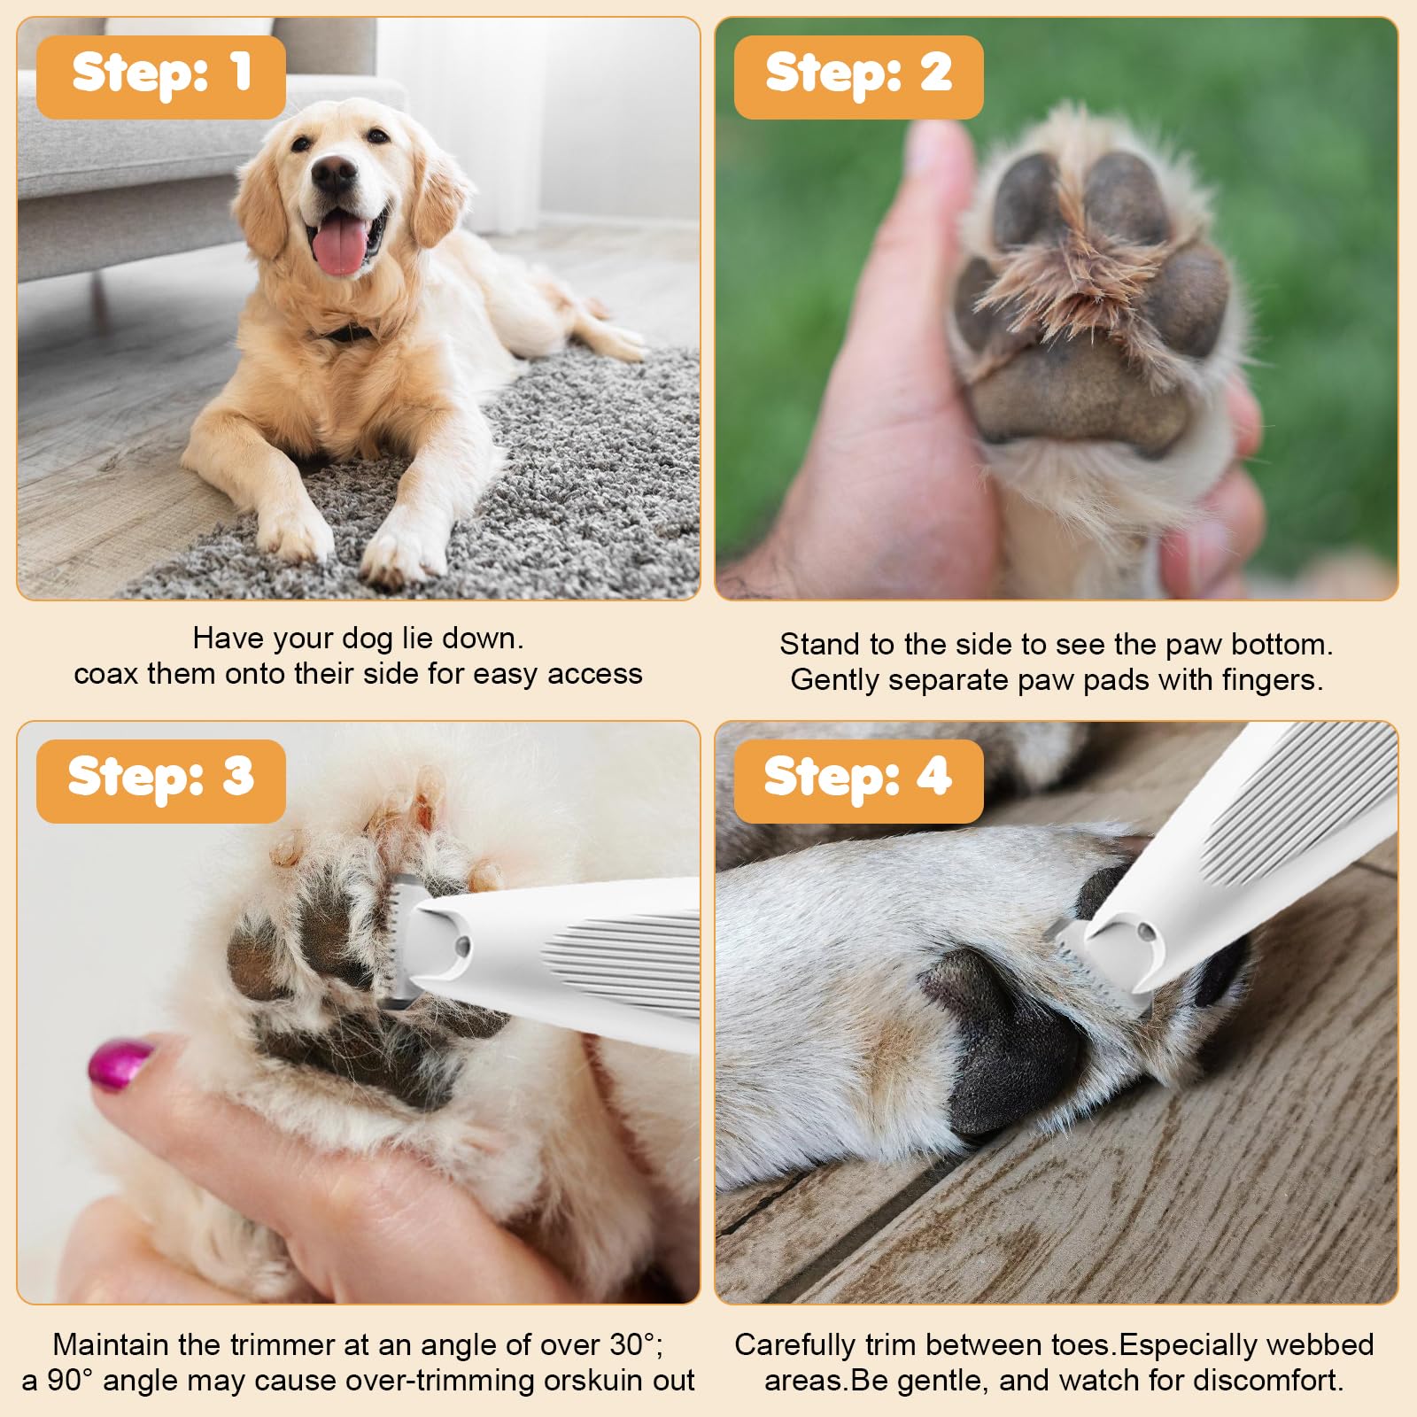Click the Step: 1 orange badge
click(160, 76)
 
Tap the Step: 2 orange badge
click(858, 76)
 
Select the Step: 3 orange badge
click(160, 780)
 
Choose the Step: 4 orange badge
click(858, 780)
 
